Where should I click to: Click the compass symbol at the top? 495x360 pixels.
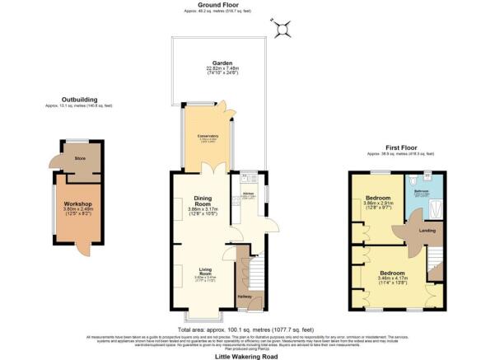[284, 29]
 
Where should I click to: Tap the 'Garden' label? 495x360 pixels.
[220, 63]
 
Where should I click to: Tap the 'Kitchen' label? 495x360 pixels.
[248, 194]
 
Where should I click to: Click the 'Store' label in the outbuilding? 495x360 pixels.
[81, 159]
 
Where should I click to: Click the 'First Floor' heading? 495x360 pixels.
[402, 148]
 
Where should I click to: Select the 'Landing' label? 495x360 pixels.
[427, 230]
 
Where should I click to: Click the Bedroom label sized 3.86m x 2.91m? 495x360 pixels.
[380, 199]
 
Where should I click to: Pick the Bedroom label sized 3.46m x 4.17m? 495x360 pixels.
[391, 273]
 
